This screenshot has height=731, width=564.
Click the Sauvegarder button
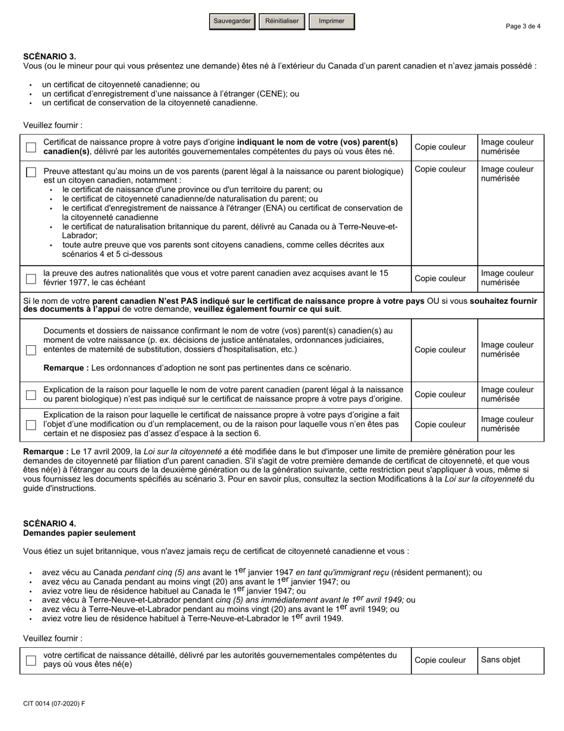coord(232,21)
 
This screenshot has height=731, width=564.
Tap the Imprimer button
coord(331,21)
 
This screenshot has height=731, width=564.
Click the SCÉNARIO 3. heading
coord(49,56)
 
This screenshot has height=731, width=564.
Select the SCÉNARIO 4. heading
coord(49,524)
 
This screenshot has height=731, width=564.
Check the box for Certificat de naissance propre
coord(31,147)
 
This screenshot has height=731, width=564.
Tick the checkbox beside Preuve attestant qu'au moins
coord(31,172)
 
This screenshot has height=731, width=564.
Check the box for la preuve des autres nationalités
coord(31,278)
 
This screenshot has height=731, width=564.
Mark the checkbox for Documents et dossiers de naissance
coord(31,350)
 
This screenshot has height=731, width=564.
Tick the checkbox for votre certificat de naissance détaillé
coord(31,660)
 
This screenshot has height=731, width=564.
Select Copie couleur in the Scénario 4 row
coord(440,660)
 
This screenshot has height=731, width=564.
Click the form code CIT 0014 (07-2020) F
coord(54,704)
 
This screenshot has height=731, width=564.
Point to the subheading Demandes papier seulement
coord(79,533)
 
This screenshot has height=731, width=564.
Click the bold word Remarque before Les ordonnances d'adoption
coord(65,368)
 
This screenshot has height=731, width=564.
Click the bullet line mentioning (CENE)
coord(170,94)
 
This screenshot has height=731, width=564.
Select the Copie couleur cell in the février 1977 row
coord(440,278)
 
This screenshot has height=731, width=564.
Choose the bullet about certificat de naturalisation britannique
coord(230,226)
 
